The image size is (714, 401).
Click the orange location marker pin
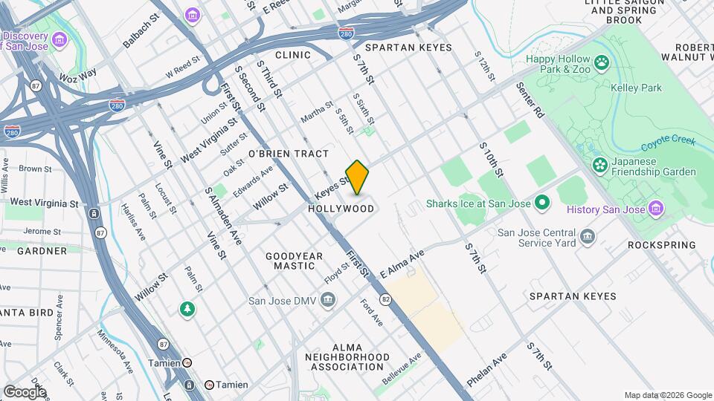pyautogui.click(x=357, y=177)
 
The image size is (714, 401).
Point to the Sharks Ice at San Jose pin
pyautogui.click(x=542, y=202)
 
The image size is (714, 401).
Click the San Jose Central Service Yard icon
pyautogui.click(x=588, y=236)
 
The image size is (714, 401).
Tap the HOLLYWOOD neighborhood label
pyautogui.click(x=341, y=209)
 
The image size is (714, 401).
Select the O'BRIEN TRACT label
pyautogui.click(x=289, y=154)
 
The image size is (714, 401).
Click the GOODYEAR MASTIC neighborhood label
pyautogui.click(x=295, y=261)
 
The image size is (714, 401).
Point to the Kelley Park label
pyautogui.click(x=640, y=88)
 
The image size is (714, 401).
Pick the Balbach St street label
pyautogui.click(x=141, y=32)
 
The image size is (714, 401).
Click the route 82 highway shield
pyautogui.click(x=385, y=299)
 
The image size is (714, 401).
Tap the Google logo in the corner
pyautogui.click(x=24, y=391)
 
